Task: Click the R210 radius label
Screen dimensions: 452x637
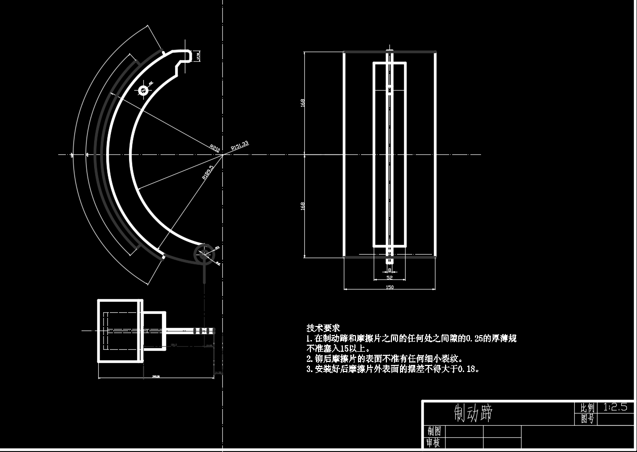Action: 215,148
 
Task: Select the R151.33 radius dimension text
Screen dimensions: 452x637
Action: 240,145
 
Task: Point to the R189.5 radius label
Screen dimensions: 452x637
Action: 208,172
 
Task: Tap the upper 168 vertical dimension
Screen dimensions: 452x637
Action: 303,103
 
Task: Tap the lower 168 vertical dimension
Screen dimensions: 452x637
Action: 303,206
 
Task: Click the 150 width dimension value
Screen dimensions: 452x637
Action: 389,287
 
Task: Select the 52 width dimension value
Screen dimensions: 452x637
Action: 389,277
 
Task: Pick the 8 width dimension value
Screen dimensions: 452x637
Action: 389,270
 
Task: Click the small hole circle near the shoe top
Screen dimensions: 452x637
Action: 143,91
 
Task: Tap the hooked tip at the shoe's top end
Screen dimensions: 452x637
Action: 190,55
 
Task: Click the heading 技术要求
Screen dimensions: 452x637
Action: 323,328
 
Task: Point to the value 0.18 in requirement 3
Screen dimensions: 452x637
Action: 468,369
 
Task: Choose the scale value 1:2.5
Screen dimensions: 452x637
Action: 615,407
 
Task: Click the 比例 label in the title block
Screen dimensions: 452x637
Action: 587,407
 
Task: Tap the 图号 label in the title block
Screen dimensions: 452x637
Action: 587,419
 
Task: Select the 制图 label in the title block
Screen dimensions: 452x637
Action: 433,431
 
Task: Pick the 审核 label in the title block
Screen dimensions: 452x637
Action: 433,443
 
